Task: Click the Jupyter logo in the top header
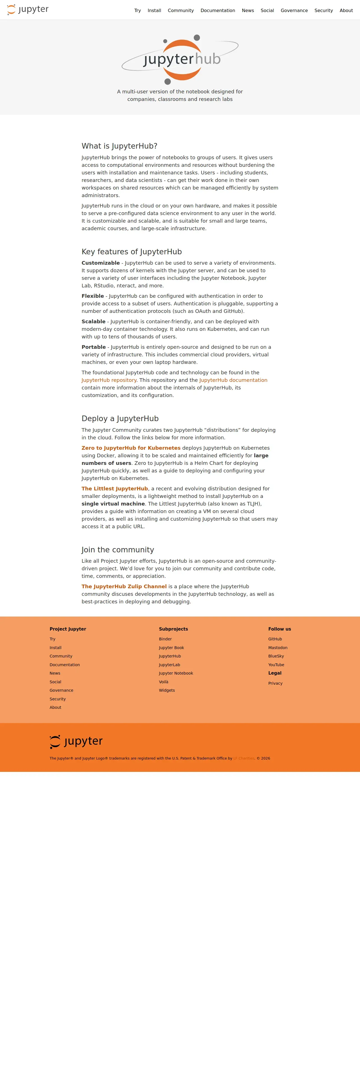[28, 10]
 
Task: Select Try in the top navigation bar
[137, 10]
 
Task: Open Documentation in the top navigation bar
[218, 10]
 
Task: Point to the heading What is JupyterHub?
[119, 146]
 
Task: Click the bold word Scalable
[93, 322]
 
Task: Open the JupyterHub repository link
[109, 380]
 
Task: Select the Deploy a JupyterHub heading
[120, 418]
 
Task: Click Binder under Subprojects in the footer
[165, 639]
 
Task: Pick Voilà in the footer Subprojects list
[163, 682]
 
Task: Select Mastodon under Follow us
[278, 648]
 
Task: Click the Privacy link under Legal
[275, 683]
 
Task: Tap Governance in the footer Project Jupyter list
[61, 691]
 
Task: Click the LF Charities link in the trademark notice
[243, 758]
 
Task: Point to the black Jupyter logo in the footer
[76, 741]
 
